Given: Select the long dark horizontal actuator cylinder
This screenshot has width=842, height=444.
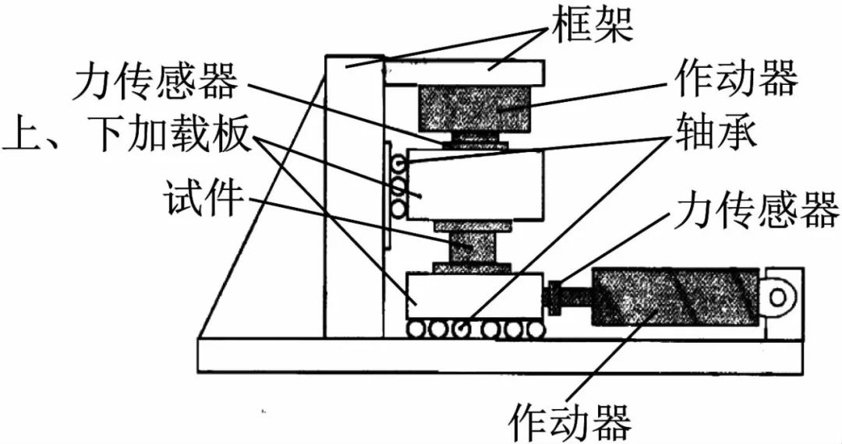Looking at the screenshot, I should pyautogui.click(x=675, y=296).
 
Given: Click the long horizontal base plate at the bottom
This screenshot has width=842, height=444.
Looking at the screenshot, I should pyautogui.click(x=499, y=355).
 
